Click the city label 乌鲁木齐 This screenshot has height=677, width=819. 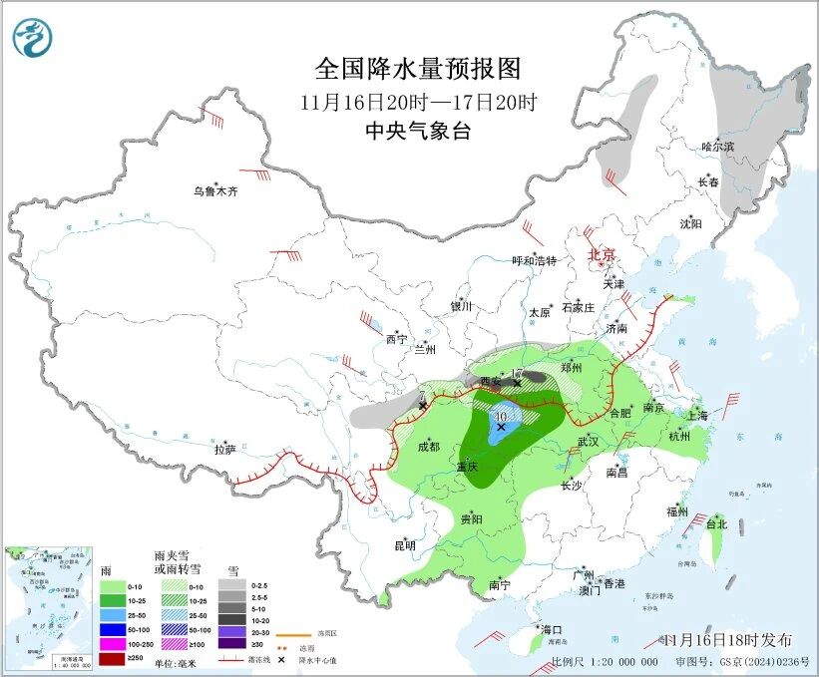[x=216, y=191]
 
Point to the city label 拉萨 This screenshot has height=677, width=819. [x=225, y=449]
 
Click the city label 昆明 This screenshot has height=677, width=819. [x=404, y=545]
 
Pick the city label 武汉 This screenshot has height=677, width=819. [x=588, y=441]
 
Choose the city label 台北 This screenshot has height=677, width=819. [x=716, y=523]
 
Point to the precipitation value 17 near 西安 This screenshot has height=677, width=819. [x=517, y=373]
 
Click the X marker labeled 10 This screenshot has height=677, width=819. [x=501, y=426]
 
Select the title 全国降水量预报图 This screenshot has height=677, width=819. [x=418, y=69]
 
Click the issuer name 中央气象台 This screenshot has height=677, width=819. [x=418, y=131]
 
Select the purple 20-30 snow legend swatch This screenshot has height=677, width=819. [x=230, y=630]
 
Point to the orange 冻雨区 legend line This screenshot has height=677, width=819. [x=290, y=631]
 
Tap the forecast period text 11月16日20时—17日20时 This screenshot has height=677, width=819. [x=418, y=102]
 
